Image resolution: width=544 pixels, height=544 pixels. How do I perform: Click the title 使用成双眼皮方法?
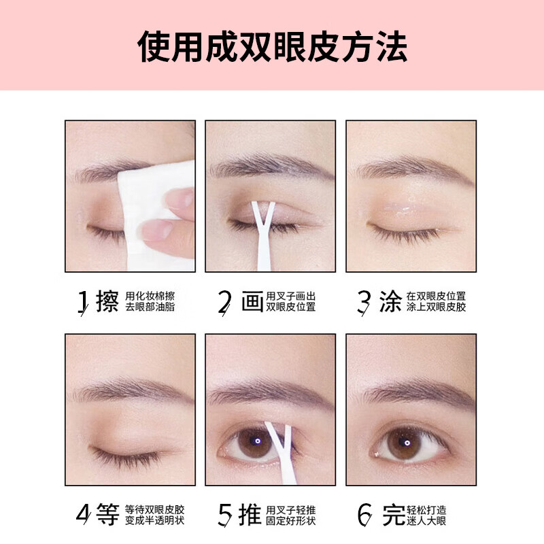coord(272,46)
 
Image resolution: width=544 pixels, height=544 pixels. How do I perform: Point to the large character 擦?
coord(107,301)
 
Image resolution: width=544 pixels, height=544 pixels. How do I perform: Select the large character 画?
coord(252,301)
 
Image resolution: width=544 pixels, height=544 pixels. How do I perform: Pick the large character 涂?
coord(390,301)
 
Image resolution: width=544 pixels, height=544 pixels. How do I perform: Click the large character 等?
coord(107,515)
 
